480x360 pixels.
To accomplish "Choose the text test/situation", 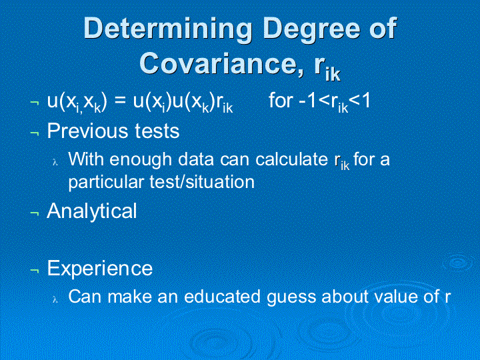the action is (203, 182).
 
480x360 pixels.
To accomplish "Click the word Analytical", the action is (92, 211).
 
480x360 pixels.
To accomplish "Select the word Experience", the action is (100, 269).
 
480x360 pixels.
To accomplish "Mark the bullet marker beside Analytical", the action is (35, 213).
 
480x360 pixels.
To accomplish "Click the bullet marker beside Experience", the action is (35, 270).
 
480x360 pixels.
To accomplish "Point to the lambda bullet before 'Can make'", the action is (55, 299).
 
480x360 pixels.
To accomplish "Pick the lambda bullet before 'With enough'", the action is (55, 162).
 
